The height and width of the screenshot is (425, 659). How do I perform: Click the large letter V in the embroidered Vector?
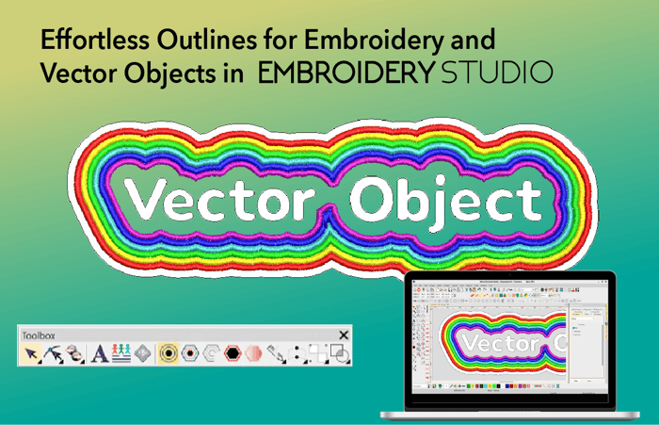pyautogui.click(x=142, y=198)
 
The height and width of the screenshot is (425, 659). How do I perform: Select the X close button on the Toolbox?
pyautogui.click(x=344, y=335)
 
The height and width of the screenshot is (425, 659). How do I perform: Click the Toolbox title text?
pyautogui.click(x=40, y=335)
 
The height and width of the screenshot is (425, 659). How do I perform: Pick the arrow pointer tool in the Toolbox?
pyautogui.click(x=32, y=354)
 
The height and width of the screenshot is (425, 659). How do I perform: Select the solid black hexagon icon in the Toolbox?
pyautogui.click(x=232, y=354)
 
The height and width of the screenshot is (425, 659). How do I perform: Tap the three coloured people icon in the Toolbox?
pyautogui.click(x=121, y=354)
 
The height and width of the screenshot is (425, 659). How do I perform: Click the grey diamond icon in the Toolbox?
pyautogui.click(x=142, y=354)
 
